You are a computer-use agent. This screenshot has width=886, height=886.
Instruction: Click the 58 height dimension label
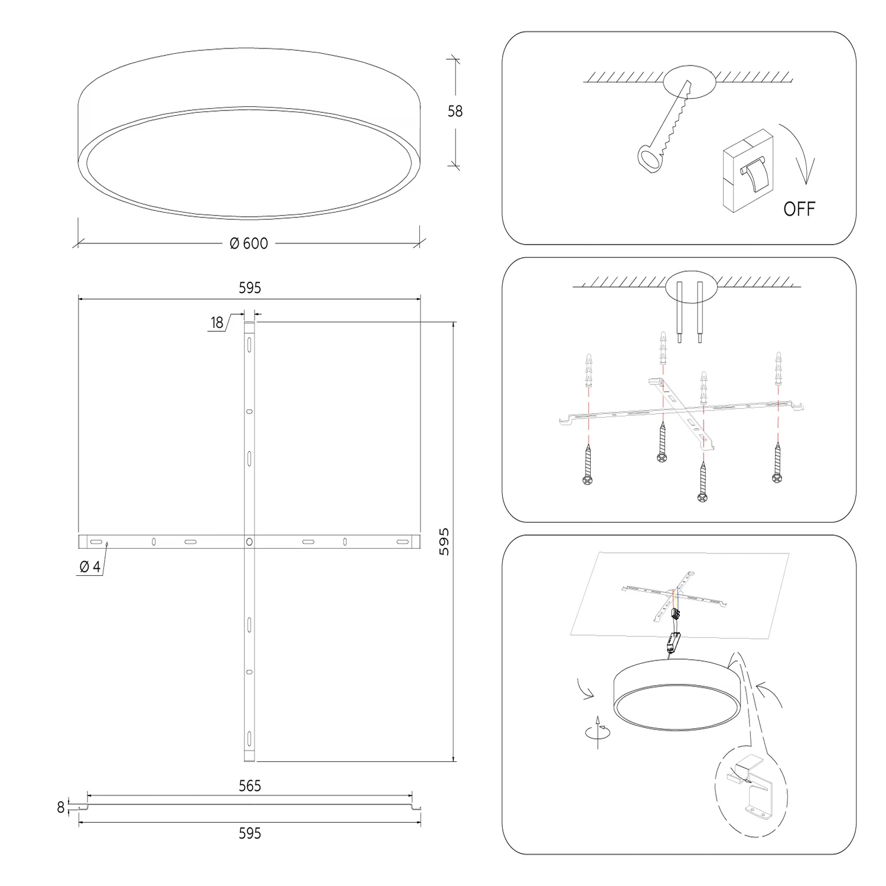pos(455,111)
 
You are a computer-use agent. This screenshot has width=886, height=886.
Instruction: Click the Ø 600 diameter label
pos(249,243)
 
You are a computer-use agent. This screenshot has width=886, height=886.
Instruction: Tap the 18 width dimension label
pos(217,323)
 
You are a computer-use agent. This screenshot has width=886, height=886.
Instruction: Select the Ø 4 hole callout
pos(90,567)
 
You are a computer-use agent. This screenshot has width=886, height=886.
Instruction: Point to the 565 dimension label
pos(250,786)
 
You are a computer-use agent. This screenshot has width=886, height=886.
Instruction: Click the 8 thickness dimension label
pos(61,807)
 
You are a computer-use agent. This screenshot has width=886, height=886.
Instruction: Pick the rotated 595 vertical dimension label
pos(444,542)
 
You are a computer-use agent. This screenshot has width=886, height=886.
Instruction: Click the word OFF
pos(799,209)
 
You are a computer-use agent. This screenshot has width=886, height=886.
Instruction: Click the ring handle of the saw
pos(649,158)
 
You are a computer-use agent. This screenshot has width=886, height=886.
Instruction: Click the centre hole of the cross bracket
pos(250,541)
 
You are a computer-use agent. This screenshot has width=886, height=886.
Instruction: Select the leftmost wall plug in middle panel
pos(588,370)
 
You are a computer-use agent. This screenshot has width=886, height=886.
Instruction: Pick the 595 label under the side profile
pos(250,833)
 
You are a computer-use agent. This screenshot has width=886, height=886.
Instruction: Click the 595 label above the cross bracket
pos(250,288)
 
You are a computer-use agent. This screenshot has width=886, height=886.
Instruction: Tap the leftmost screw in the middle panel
pos(588,464)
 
